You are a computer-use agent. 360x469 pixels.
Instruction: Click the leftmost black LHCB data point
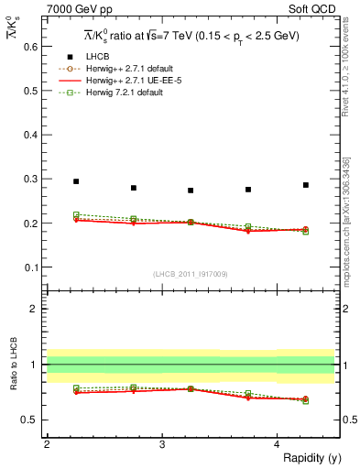[x=76, y=181]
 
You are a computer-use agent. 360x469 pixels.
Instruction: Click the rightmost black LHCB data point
[x=306, y=185]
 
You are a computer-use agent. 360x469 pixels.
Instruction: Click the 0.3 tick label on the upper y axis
[x=31, y=179]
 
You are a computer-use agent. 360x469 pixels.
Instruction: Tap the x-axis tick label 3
[x=162, y=444]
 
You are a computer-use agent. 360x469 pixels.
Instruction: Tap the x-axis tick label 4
[x=278, y=444]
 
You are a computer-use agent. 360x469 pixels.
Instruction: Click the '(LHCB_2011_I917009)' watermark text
[x=191, y=275]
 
